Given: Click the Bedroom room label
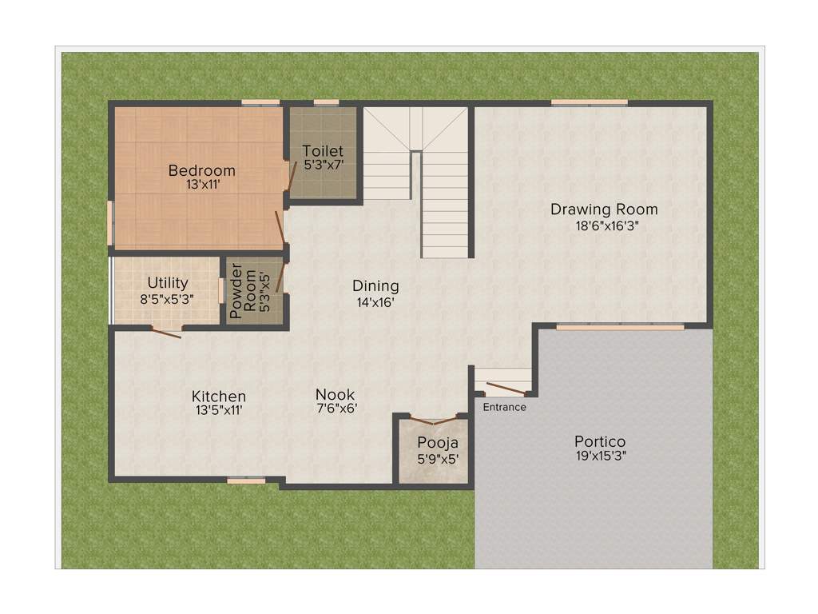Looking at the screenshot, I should (201, 170).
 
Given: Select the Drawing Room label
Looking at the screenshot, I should (604, 209).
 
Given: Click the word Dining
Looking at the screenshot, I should (375, 286).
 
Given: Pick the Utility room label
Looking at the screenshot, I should (168, 283).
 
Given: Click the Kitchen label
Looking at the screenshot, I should (218, 397).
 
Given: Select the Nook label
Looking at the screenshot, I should (335, 395).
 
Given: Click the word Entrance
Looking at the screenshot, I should (504, 407).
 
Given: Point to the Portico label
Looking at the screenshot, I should (600, 441).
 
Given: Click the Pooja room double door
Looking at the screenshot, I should (433, 420).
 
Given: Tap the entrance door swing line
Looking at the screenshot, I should (505, 389).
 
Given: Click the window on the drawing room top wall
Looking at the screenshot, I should (589, 102).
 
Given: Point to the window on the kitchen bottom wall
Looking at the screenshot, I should (246, 480).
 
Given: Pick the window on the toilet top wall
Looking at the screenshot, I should (325, 102).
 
